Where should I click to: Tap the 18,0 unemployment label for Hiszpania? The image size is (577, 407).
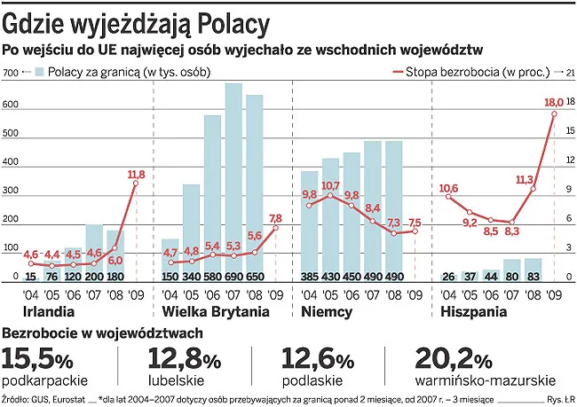pos(554,104)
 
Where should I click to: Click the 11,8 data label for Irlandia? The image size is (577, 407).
pos(137,174)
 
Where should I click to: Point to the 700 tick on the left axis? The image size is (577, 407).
pos(10,73)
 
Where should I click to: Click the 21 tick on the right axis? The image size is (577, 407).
pos(570,73)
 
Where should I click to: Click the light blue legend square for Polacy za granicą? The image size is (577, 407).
pos(40,73)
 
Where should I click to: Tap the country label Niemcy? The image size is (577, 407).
pos(327,312)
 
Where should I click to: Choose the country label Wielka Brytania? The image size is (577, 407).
pos(215,312)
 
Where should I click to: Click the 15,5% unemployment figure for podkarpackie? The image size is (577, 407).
pos(37,358)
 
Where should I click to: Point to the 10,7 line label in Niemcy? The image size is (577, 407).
pos(330,185)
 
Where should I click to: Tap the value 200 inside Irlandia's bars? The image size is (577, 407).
pos(94,277)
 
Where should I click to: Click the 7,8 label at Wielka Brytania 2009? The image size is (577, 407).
pos(275,218)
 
